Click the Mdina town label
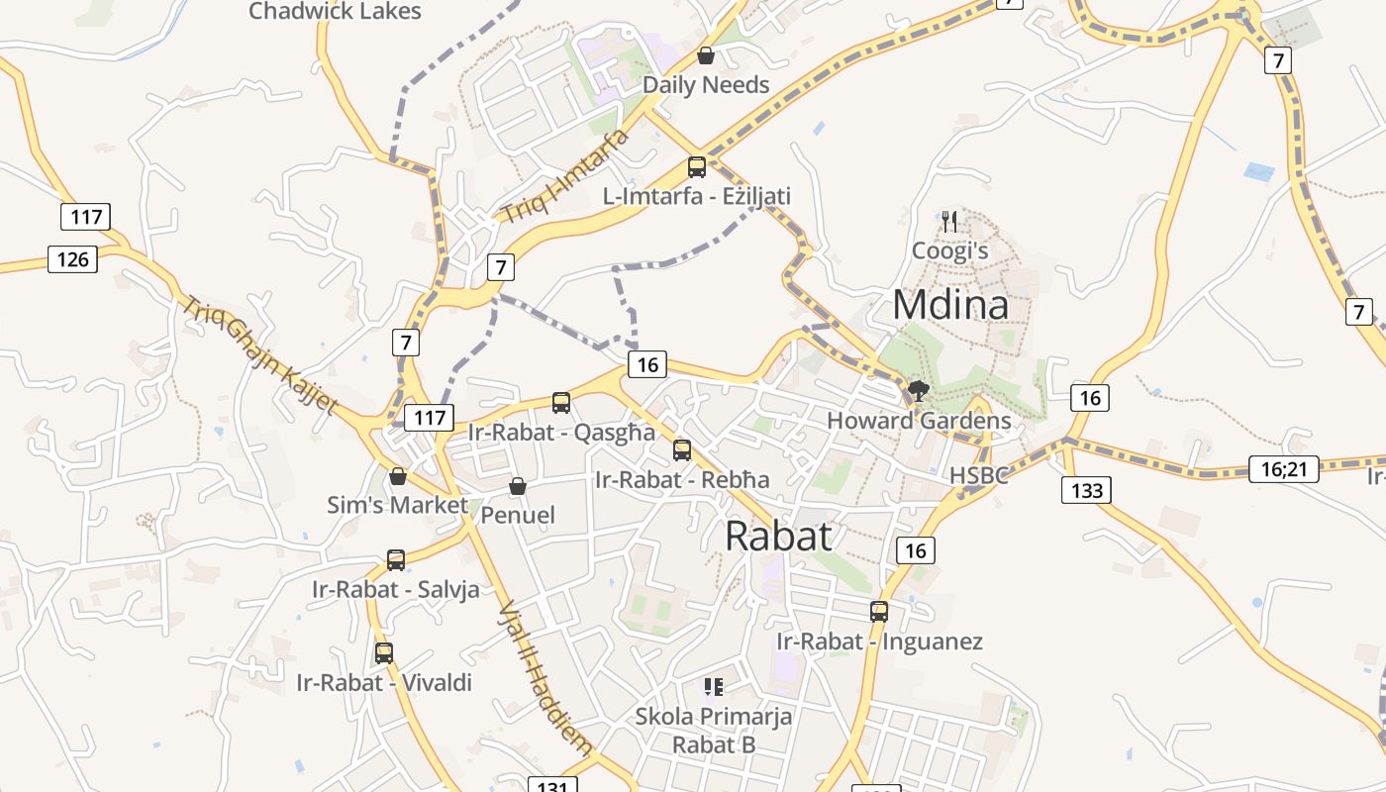point(950,305)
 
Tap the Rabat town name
point(778,536)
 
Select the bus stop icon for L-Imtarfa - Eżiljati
point(697,166)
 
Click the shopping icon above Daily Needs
point(706,55)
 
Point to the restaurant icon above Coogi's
point(949,220)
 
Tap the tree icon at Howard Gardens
point(919,391)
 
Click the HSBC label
point(978,475)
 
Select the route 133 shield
point(1086,490)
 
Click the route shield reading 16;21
point(1283,469)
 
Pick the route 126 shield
point(73,259)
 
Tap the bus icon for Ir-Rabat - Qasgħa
point(561,402)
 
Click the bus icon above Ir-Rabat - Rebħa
point(682,450)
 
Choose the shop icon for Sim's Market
point(398,476)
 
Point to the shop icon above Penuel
point(517,486)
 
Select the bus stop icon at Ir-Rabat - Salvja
point(396,560)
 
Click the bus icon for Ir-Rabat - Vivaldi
point(384,653)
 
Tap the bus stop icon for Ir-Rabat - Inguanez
point(879,612)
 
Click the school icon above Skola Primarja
point(714,686)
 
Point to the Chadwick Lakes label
point(335,12)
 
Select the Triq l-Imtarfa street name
point(564,176)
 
